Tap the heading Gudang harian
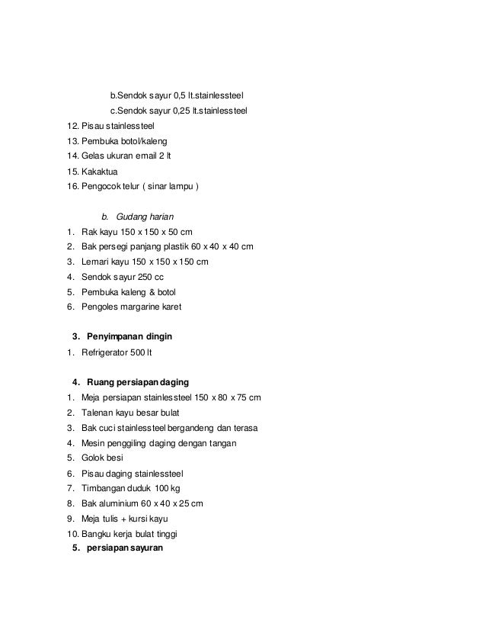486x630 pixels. coord(145,217)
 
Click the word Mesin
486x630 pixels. coord(94,443)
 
